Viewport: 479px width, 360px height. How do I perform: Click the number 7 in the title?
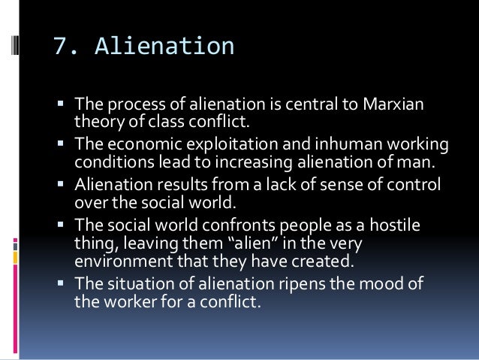tap(62, 46)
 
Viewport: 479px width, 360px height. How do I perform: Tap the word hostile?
tap(373, 225)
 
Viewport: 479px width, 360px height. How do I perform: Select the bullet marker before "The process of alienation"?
tap(60, 104)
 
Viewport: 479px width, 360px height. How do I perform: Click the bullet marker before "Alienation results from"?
tap(60, 186)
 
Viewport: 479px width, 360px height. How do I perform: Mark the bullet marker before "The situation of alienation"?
tap(60, 283)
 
